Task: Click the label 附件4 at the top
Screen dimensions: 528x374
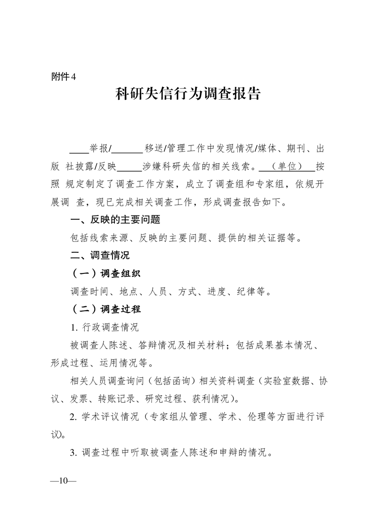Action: point(63,77)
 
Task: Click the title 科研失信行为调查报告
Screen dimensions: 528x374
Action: point(188,94)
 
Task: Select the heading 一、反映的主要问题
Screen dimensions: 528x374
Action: point(115,220)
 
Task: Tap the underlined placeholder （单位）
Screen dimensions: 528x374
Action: point(287,167)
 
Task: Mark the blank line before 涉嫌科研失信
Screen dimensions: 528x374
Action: point(129,167)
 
